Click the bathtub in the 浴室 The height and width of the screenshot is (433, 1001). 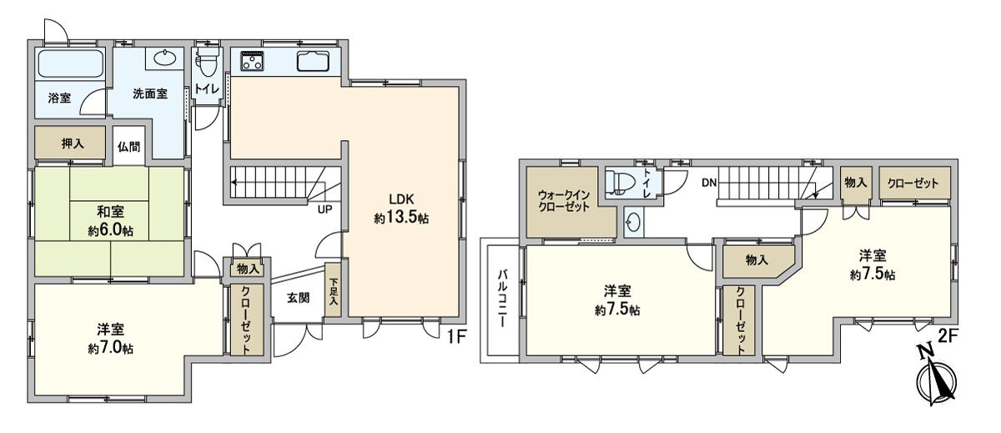click(x=70, y=63)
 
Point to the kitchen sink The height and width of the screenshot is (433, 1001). click(x=314, y=61)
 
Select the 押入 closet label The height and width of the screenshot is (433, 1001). click(x=73, y=143)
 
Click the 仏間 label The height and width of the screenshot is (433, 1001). click(x=128, y=147)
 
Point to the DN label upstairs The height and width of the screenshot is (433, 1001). click(x=709, y=182)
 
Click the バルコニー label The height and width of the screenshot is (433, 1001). click(x=504, y=300)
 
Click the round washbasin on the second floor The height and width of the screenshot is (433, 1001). click(x=634, y=224)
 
